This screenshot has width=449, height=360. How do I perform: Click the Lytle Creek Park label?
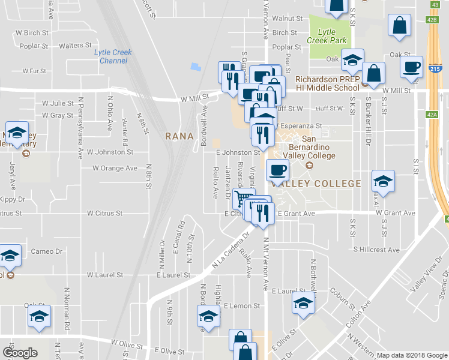[x=327, y=35]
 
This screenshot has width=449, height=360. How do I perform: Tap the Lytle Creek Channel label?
[x=113, y=56]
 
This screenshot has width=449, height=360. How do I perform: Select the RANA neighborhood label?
[x=179, y=136]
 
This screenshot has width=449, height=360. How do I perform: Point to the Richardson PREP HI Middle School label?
[x=328, y=83]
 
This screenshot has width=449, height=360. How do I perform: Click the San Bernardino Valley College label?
[x=310, y=148]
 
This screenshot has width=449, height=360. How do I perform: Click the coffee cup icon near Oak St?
[x=412, y=67]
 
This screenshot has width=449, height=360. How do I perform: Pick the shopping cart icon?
[x=243, y=197]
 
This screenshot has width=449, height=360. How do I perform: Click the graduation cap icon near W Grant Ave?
[x=383, y=180]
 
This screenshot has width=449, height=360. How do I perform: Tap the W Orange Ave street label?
[x=115, y=168]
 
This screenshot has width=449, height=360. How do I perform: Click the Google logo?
[x=20, y=353]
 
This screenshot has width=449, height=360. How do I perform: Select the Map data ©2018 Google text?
[x=411, y=355]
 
